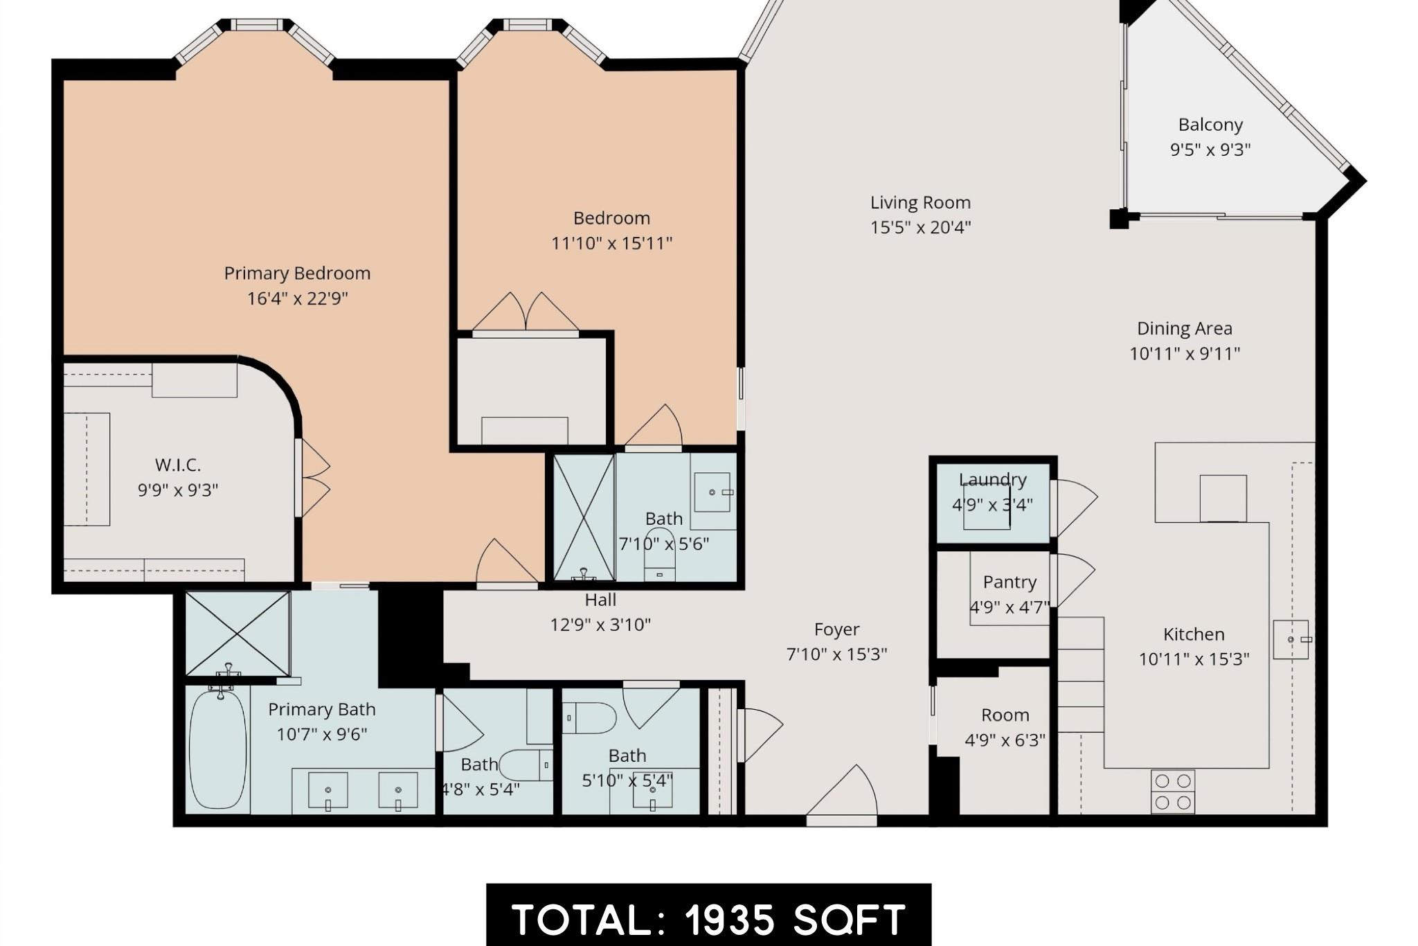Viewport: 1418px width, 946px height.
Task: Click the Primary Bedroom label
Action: [297, 274]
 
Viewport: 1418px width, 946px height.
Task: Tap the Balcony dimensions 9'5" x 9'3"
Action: [1210, 150]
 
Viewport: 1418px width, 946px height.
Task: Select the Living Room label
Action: [920, 203]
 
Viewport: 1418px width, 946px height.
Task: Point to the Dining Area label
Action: [1184, 328]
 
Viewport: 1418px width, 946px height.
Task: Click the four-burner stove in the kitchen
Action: [1173, 792]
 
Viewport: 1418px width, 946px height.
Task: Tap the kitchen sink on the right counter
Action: [1291, 639]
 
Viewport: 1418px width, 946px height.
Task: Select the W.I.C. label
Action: [178, 465]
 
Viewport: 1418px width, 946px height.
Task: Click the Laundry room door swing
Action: [1075, 508]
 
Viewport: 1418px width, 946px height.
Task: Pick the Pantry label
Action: [1009, 582]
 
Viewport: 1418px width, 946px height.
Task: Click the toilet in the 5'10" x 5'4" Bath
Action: [590, 718]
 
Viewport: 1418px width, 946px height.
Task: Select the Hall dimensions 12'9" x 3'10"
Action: [600, 625]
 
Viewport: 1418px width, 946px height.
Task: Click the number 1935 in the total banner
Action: [730, 920]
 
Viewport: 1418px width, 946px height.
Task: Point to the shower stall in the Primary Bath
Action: [237, 633]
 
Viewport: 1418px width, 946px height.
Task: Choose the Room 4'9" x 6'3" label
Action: [1005, 715]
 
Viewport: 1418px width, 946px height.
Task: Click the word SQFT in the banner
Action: [849, 920]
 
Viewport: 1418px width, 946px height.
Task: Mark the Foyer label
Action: [836, 630]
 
